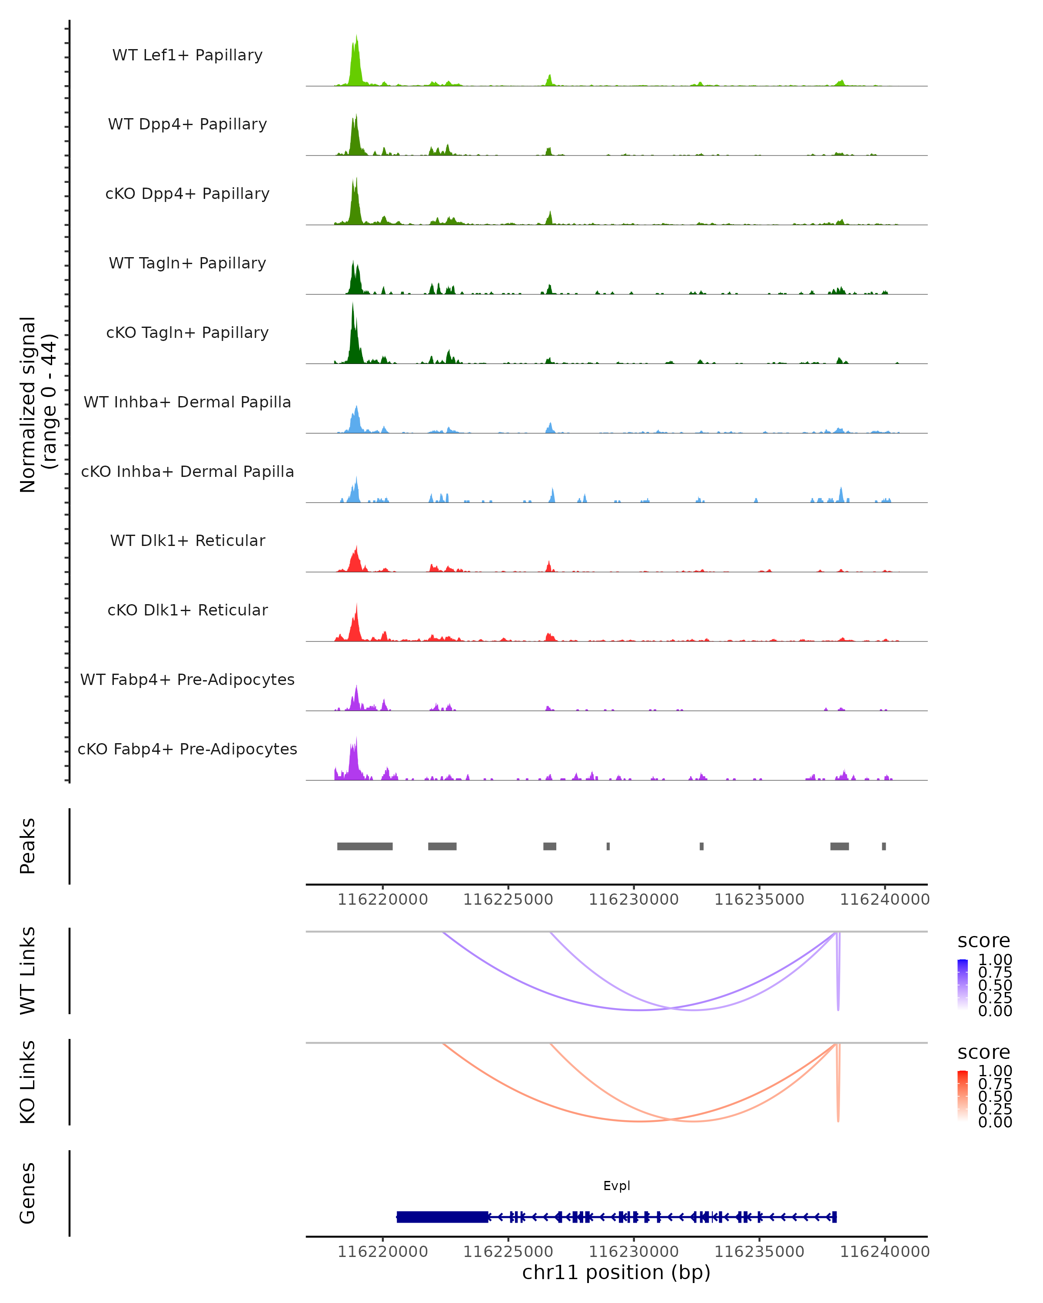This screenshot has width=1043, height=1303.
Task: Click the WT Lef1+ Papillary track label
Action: pyautogui.click(x=187, y=55)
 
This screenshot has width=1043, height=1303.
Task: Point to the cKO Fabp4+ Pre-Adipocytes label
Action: pyautogui.click(x=187, y=749)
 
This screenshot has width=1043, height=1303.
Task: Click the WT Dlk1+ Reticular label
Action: pyautogui.click(x=187, y=540)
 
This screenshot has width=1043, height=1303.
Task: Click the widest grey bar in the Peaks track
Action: pyautogui.click(x=365, y=846)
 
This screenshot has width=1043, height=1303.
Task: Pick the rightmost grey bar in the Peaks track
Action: pyautogui.click(x=884, y=846)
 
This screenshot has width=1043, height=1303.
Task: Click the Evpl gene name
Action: pyautogui.click(x=616, y=1185)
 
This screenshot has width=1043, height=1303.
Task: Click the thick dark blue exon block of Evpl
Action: pyautogui.click(x=442, y=1217)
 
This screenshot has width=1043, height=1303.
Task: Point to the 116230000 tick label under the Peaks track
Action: pyautogui.click(x=634, y=900)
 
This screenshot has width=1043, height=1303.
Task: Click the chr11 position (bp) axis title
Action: pyautogui.click(x=616, y=1272)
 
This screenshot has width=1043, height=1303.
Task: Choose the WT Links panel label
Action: pyautogui.click(x=28, y=971)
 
